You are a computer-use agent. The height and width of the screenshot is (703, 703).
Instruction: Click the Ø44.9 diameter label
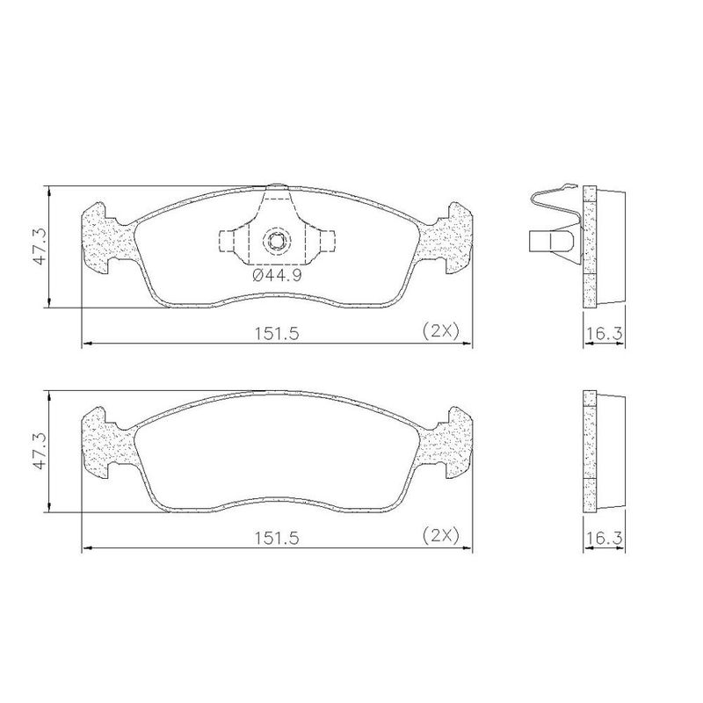point(277,275)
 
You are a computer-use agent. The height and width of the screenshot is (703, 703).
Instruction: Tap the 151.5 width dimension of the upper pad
point(277,334)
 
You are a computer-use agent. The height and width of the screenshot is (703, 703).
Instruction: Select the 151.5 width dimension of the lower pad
point(277,538)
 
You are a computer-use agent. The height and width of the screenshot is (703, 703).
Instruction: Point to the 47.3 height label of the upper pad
point(40,246)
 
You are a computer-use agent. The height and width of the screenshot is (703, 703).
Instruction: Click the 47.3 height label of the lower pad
point(40,451)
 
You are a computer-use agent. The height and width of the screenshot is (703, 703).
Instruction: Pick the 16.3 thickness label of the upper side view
point(605,334)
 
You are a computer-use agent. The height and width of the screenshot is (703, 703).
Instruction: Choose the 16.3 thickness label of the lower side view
point(605,538)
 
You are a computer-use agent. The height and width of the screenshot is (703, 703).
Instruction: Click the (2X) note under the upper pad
point(441,331)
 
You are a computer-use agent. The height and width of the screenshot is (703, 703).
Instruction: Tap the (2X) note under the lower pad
point(441,535)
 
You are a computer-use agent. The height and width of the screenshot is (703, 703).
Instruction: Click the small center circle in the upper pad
point(276,241)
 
